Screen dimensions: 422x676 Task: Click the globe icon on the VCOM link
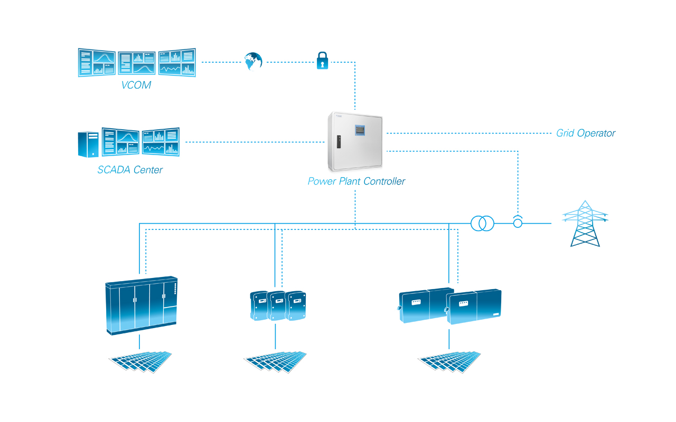pyautogui.click(x=253, y=61)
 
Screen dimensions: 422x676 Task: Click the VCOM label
pyautogui.click(x=136, y=85)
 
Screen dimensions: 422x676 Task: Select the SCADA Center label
pyautogui.click(x=130, y=170)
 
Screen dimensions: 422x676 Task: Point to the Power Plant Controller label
pyautogui.click(x=356, y=181)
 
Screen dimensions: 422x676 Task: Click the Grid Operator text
pyautogui.click(x=586, y=133)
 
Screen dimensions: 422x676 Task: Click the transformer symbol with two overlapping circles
pyautogui.click(x=482, y=224)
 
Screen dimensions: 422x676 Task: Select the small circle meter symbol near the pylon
pyautogui.click(x=518, y=223)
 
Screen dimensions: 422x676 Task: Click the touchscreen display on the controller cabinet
pyautogui.click(x=360, y=129)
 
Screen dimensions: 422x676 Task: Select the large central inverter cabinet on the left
pyautogui.click(x=141, y=305)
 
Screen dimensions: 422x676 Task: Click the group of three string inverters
pyautogui.click(x=277, y=305)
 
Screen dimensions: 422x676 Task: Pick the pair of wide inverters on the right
pyautogui.click(x=449, y=306)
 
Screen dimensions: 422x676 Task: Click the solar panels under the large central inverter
pyautogui.click(x=141, y=361)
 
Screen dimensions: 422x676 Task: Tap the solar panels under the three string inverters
pyautogui.click(x=276, y=362)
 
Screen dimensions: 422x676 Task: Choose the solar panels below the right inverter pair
pyautogui.click(x=450, y=362)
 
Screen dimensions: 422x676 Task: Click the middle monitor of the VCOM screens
pyautogui.click(x=137, y=63)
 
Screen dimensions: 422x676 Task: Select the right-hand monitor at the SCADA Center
pyautogui.click(x=161, y=141)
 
